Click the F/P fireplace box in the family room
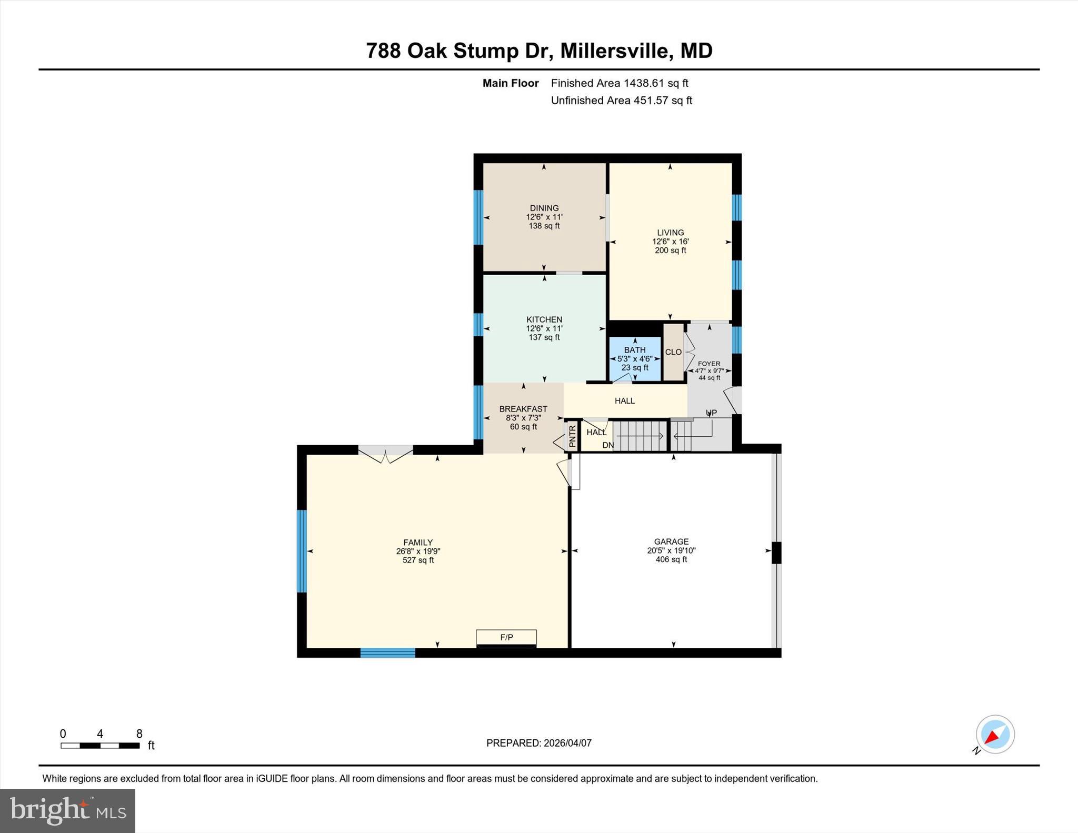pos(506,637)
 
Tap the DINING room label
pos(544,208)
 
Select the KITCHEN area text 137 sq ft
pos(544,337)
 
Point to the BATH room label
pos(635,350)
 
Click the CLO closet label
pos(673,352)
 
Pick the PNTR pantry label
pos(572,436)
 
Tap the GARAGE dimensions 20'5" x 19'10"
pos(671,550)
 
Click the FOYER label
pos(709,364)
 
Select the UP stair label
pos(711,413)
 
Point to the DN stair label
pos(608,445)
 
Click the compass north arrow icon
pos(995,734)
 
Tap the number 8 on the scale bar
pos(139,734)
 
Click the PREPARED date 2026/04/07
pos(567,743)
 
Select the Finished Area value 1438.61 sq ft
pos(655,83)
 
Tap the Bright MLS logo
pos(67,810)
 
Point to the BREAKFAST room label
pos(523,409)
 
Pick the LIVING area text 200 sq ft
pos(670,250)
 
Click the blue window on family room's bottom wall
pos(388,653)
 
